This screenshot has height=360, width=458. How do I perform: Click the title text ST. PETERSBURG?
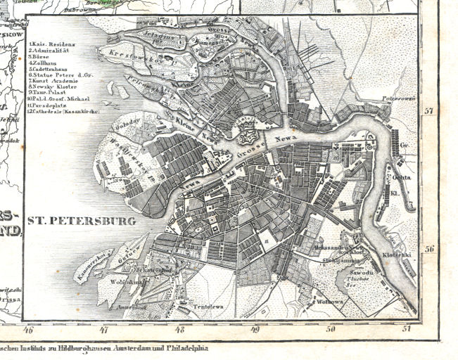click(81, 221)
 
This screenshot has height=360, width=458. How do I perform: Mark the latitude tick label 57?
click(429, 111)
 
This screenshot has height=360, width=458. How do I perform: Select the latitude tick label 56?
click(429, 248)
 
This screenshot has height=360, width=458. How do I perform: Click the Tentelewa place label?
click(208, 307)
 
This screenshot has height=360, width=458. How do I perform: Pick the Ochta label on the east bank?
click(400, 158)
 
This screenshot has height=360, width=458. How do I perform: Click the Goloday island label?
click(128, 124)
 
